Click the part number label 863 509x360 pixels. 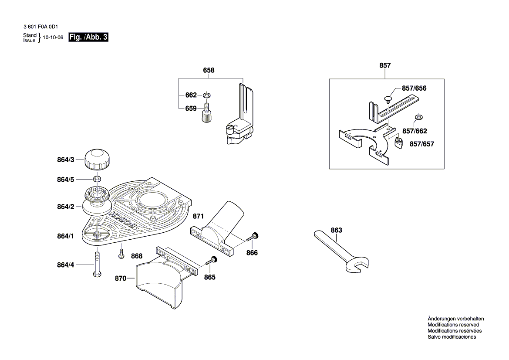pyautogui.click(x=336, y=230)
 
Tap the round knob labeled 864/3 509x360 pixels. pyautogui.click(x=97, y=160)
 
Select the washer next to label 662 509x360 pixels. pyautogui.click(x=206, y=95)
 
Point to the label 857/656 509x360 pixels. pyautogui.click(x=414, y=88)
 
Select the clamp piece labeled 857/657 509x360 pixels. pyautogui.click(x=398, y=143)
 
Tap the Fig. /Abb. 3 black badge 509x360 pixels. pyautogui.click(x=88, y=37)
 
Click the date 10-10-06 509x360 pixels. pyautogui.click(x=53, y=37)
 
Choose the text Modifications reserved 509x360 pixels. pyautogui.click(x=453, y=325)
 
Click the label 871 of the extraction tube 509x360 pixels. pyautogui.click(x=198, y=216)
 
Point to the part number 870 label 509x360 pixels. pyautogui.click(x=121, y=277)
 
